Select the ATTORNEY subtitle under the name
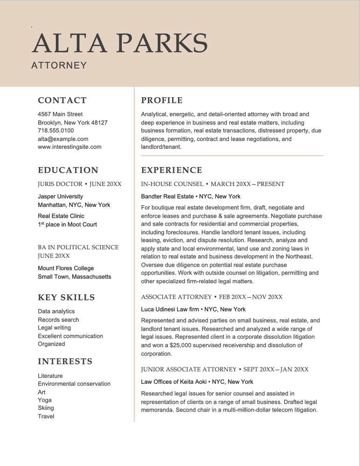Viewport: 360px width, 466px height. point(59,65)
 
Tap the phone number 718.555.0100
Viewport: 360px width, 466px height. point(55,130)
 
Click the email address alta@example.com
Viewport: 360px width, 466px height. point(63,139)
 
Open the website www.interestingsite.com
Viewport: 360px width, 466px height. point(69,147)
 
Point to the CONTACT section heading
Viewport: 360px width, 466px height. point(62,100)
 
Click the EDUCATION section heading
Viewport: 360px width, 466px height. point(68,170)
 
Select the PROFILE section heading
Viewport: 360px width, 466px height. point(162,100)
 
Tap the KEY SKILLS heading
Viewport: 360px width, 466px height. point(66,297)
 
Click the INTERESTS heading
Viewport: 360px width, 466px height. point(65,361)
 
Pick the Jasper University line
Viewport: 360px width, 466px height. point(60,197)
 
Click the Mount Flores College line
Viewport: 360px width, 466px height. point(66,268)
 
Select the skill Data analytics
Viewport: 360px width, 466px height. point(56,311)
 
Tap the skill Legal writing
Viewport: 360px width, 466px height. point(54,328)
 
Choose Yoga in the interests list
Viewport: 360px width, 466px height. point(45,400)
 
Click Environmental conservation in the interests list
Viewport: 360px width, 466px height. point(74,384)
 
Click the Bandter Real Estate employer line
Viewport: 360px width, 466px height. point(191,196)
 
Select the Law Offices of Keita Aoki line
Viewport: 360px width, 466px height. point(197,382)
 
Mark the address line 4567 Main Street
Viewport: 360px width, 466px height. point(60,114)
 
